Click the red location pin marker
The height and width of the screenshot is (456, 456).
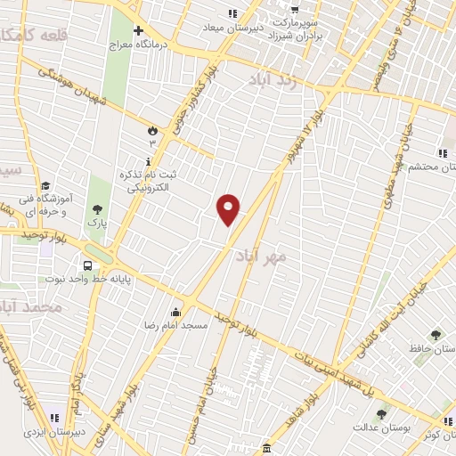point(229,209)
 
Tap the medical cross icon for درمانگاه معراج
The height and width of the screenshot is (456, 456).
point(139,31)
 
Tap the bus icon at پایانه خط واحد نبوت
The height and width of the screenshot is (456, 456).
point(87,265)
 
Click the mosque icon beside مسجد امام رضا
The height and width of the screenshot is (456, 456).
point(175,312)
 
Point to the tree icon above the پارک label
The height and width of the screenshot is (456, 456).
point(97,209)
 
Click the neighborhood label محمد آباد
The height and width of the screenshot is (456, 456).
point(32,307)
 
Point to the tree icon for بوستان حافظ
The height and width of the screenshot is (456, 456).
point(436,335)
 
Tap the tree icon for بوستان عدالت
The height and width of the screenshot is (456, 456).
point(382,413)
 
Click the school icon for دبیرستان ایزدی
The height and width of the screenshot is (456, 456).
point(55,417)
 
